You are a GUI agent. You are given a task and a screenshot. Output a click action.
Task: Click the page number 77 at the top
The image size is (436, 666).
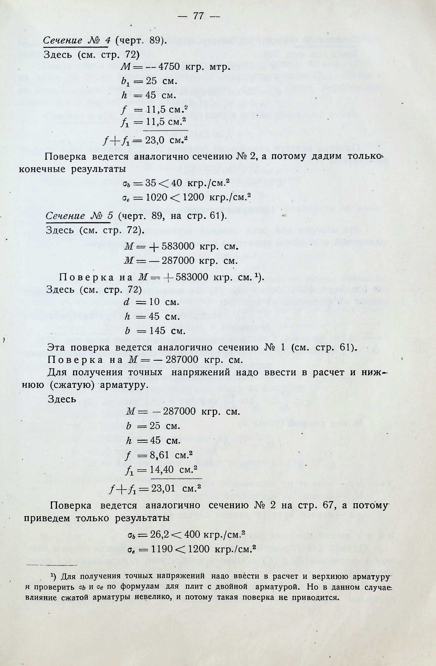[198, 17]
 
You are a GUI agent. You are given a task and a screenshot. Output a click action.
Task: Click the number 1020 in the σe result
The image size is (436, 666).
[155, 198]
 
